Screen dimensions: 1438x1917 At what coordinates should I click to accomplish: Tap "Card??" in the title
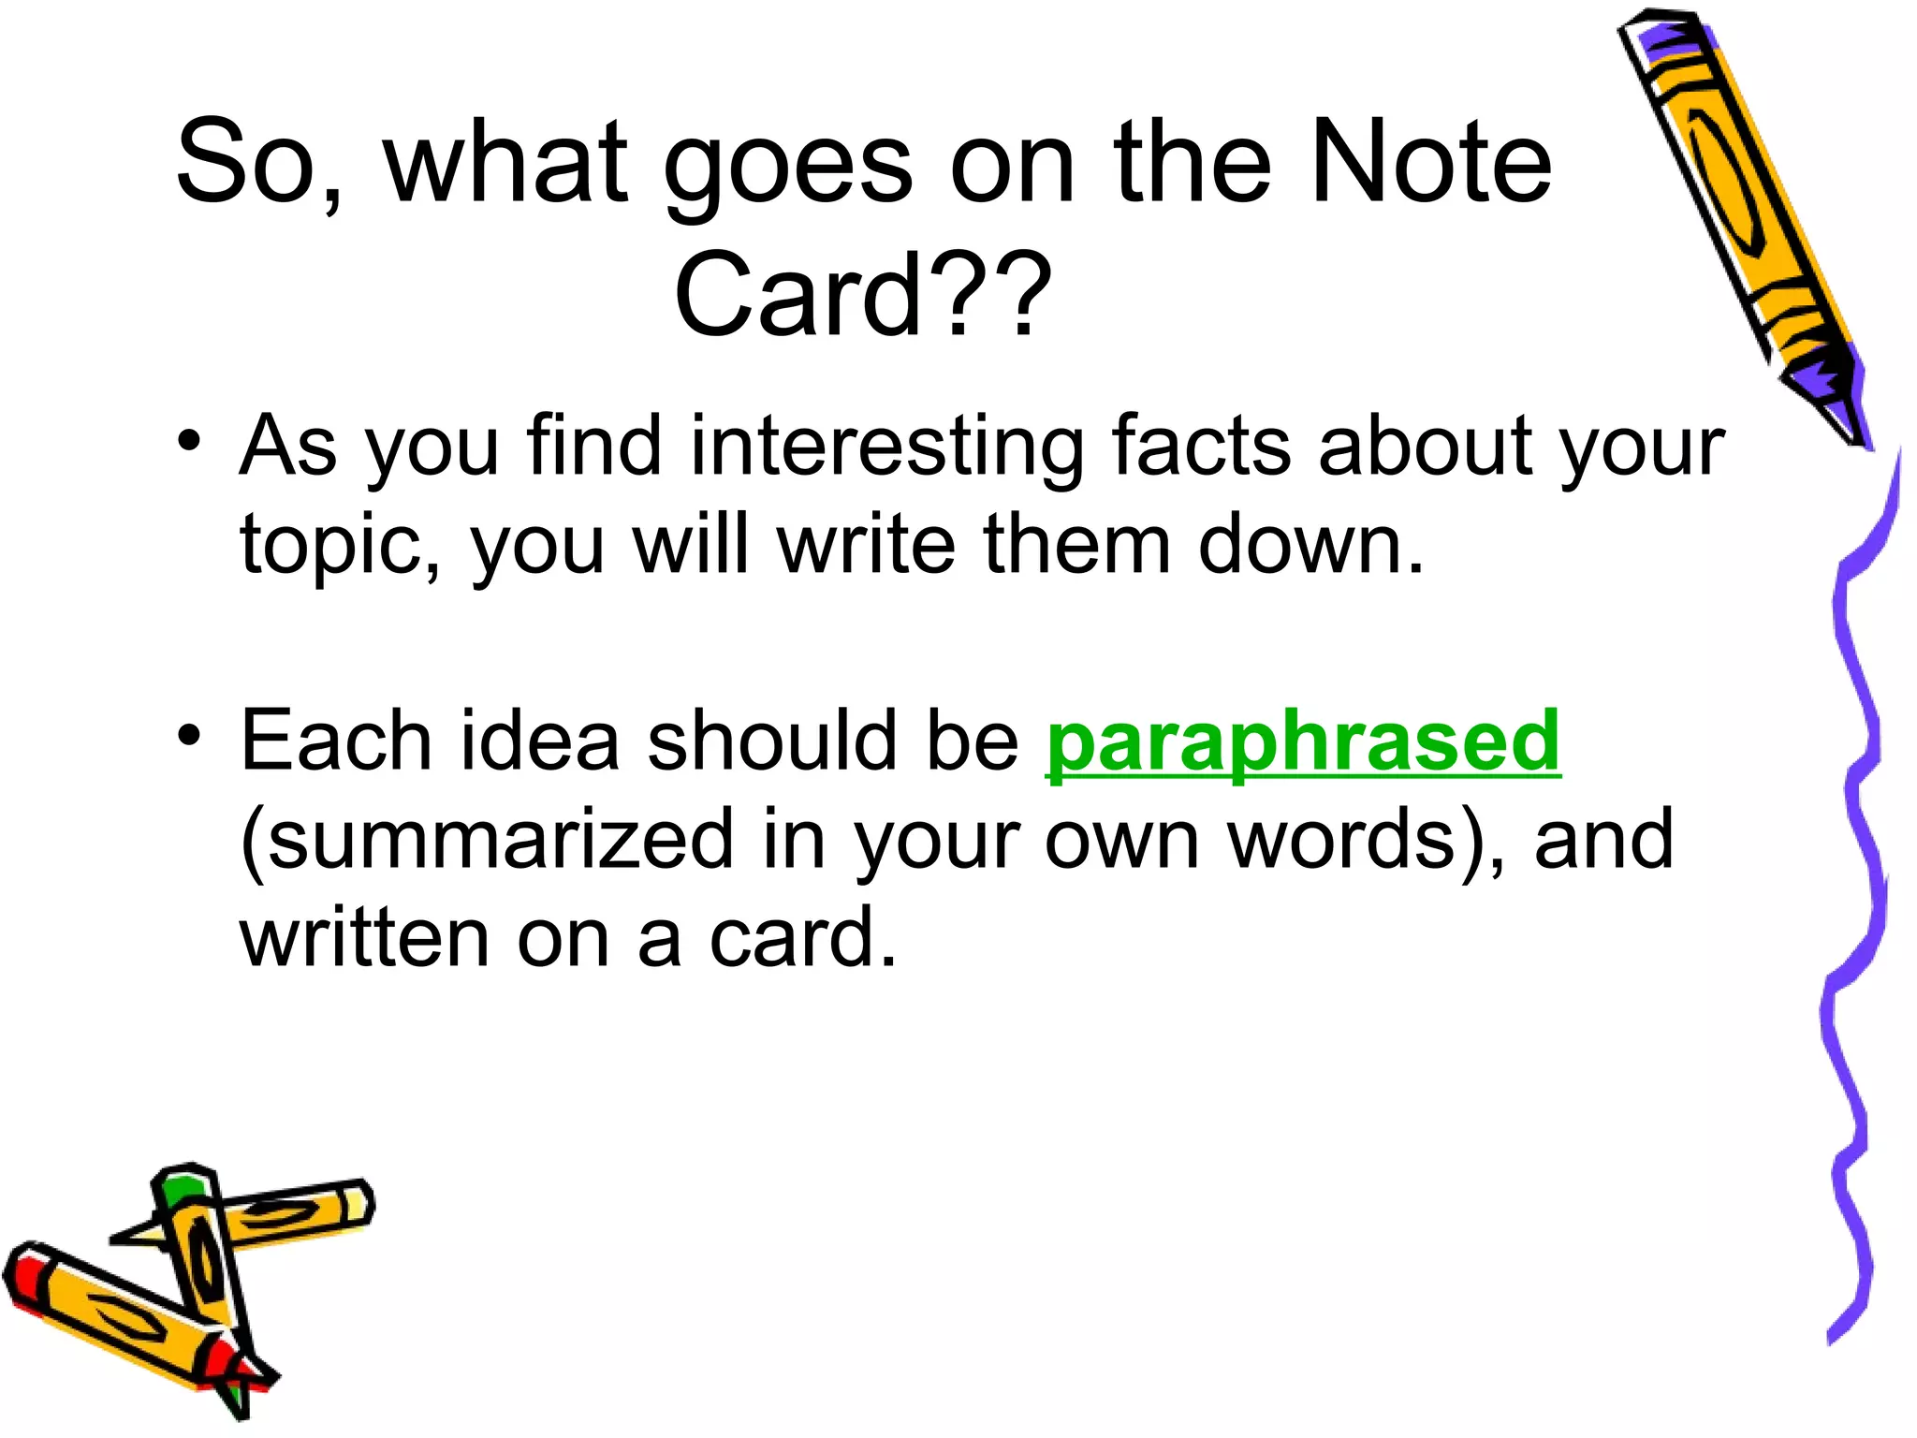click(x=862, y=294)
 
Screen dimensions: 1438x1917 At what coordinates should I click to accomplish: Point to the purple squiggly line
click(x=1858, y=889)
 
